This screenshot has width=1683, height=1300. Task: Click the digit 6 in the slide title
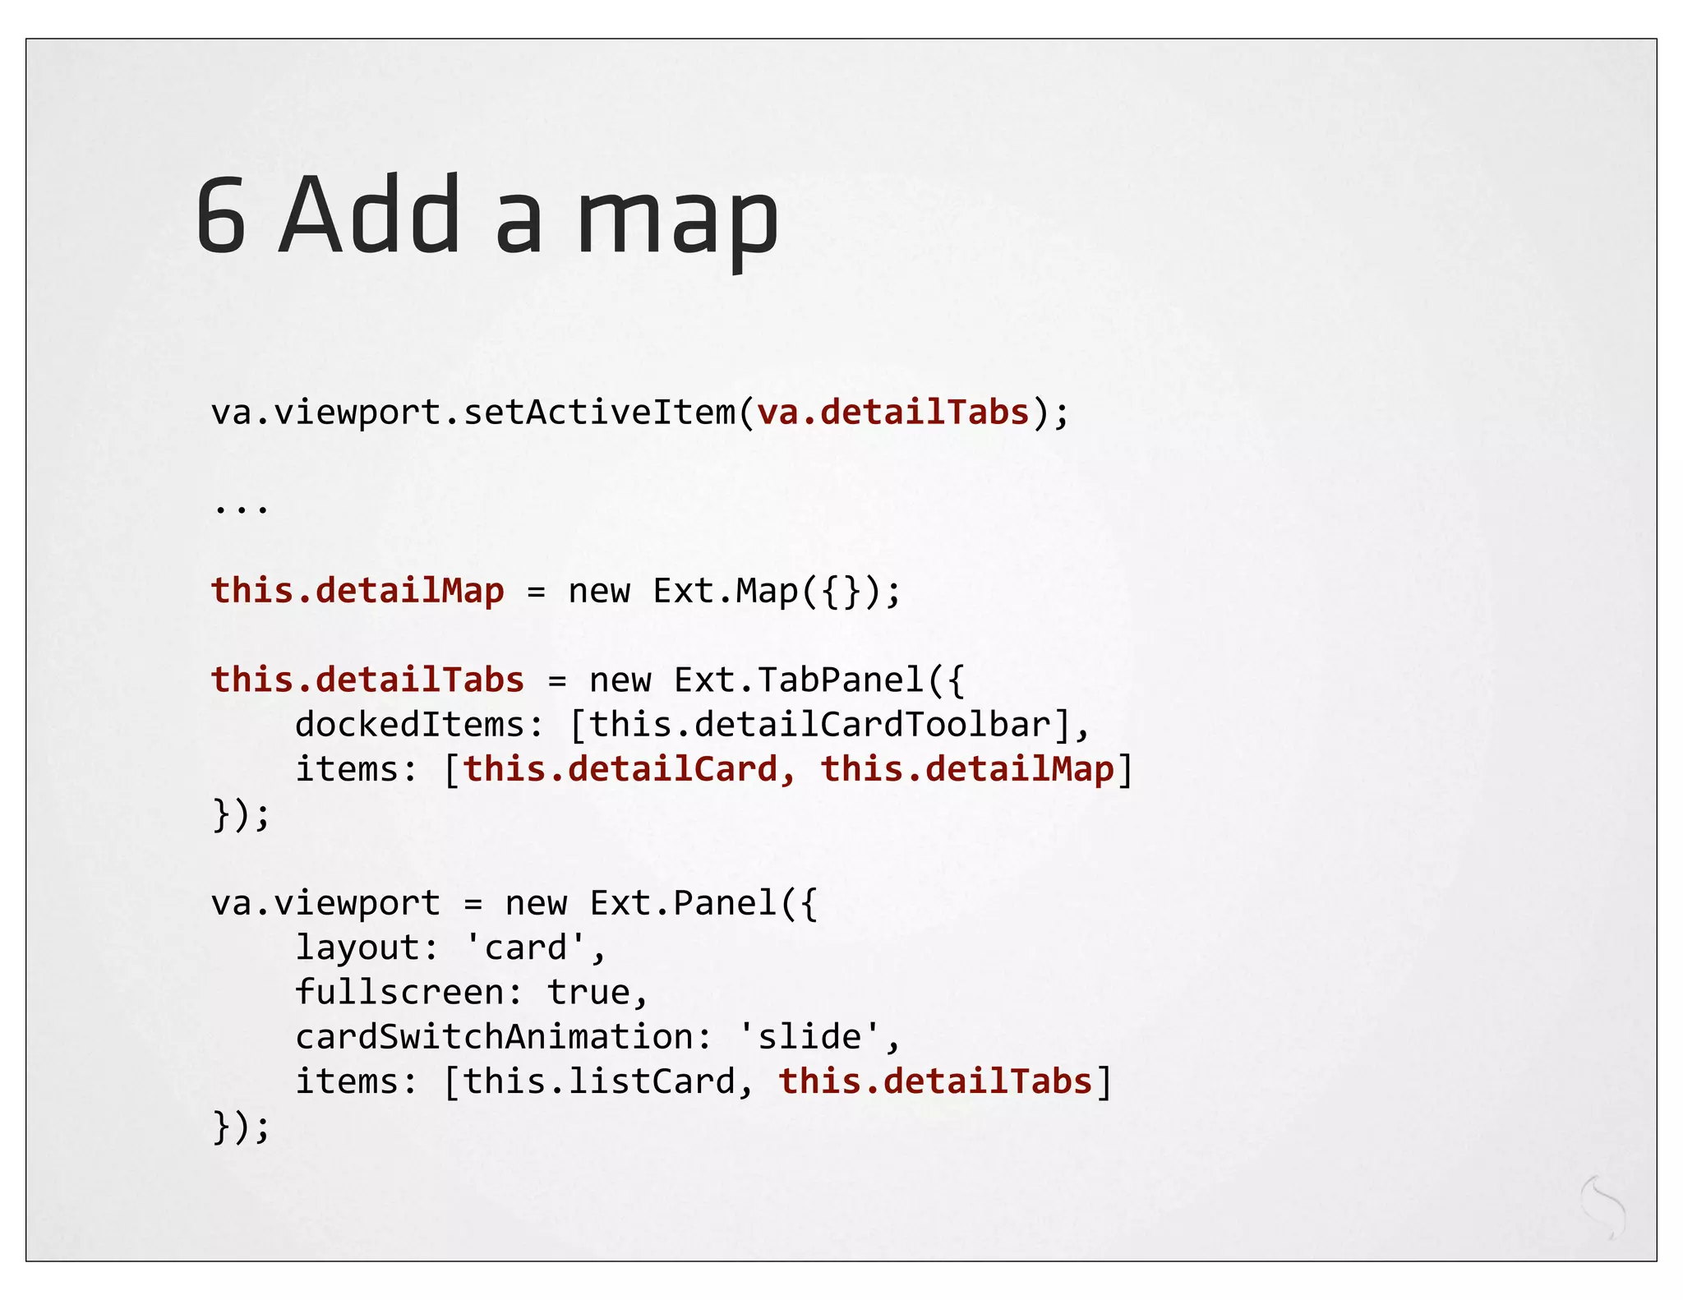click(x=221, y=215)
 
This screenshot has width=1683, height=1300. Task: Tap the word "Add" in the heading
click(x=370, y=215)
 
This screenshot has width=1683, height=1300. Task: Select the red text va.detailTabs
click(x=892, y=412)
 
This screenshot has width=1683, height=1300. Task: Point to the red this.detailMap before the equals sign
click(x=357, y=591)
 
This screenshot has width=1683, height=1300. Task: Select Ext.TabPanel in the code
click(x=799, y=680)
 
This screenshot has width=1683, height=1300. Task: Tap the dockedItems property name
click(x=409, y=725)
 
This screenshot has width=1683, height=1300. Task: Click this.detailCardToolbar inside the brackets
click(x=819, y=725)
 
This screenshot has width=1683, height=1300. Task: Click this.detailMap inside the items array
click(x=966, y=769)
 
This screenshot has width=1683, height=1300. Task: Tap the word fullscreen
click(x=399, y=993)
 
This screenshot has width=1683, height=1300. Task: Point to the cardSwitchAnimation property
click(x=493, y=1037)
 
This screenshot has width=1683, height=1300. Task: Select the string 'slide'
click(x=809, y=1037)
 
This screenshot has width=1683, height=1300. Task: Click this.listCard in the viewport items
click(x=598, y=1081)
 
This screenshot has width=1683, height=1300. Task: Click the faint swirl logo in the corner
click(x=1603, y=1206)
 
